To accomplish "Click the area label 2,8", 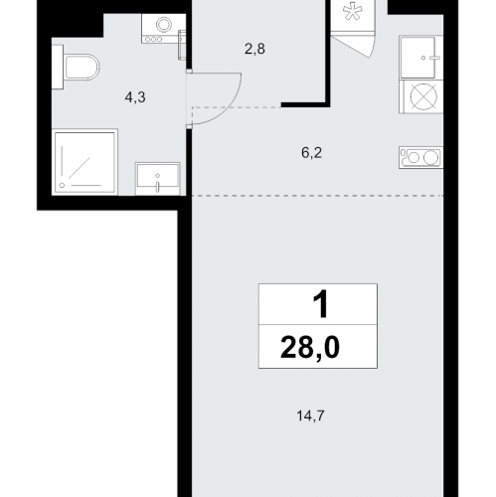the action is pyautogui.click(x=254, y=49).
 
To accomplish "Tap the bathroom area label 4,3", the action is pyautogui.click(x=135, y=97).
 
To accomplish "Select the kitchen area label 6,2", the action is pyautogui.click(x=311, y=153).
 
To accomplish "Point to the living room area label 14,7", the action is pyautogui.click(x=310, y=415).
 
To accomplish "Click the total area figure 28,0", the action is pyautogui.click(x=310, y=347).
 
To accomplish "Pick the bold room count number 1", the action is pyautogui.click(x=321, y=304).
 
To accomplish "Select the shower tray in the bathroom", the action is pyautogui.click(x=84, y=162).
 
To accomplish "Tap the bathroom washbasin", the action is pyautogui.click(x=158, y=179).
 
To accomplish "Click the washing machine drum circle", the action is pyautogui.click(x=164, y=24).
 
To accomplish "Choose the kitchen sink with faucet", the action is pyautogui.click(x=421, y=58).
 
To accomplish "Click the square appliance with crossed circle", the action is pyautogui.click(x=423, y=96).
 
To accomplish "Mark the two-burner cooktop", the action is pyautogui.click(x=421, y=157).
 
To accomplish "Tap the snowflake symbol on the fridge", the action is pyautogui.click(x=352, y=12).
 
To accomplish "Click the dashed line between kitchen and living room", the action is pyautogui.click(x=317, y=196).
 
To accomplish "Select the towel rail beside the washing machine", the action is pyautogui.click(x=182, y=45).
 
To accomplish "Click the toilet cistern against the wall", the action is pyautogui.click(x=58, y=67).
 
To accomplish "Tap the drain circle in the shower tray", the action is pyautogui.click(x=62, y=186).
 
